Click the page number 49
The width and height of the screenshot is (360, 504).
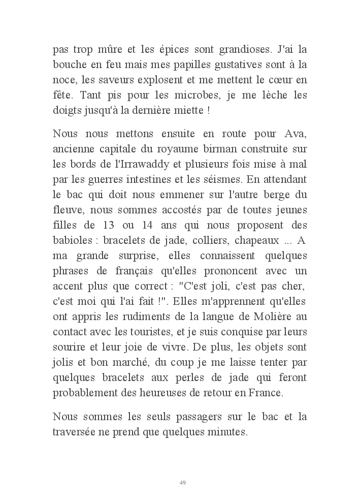coord(182,482)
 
